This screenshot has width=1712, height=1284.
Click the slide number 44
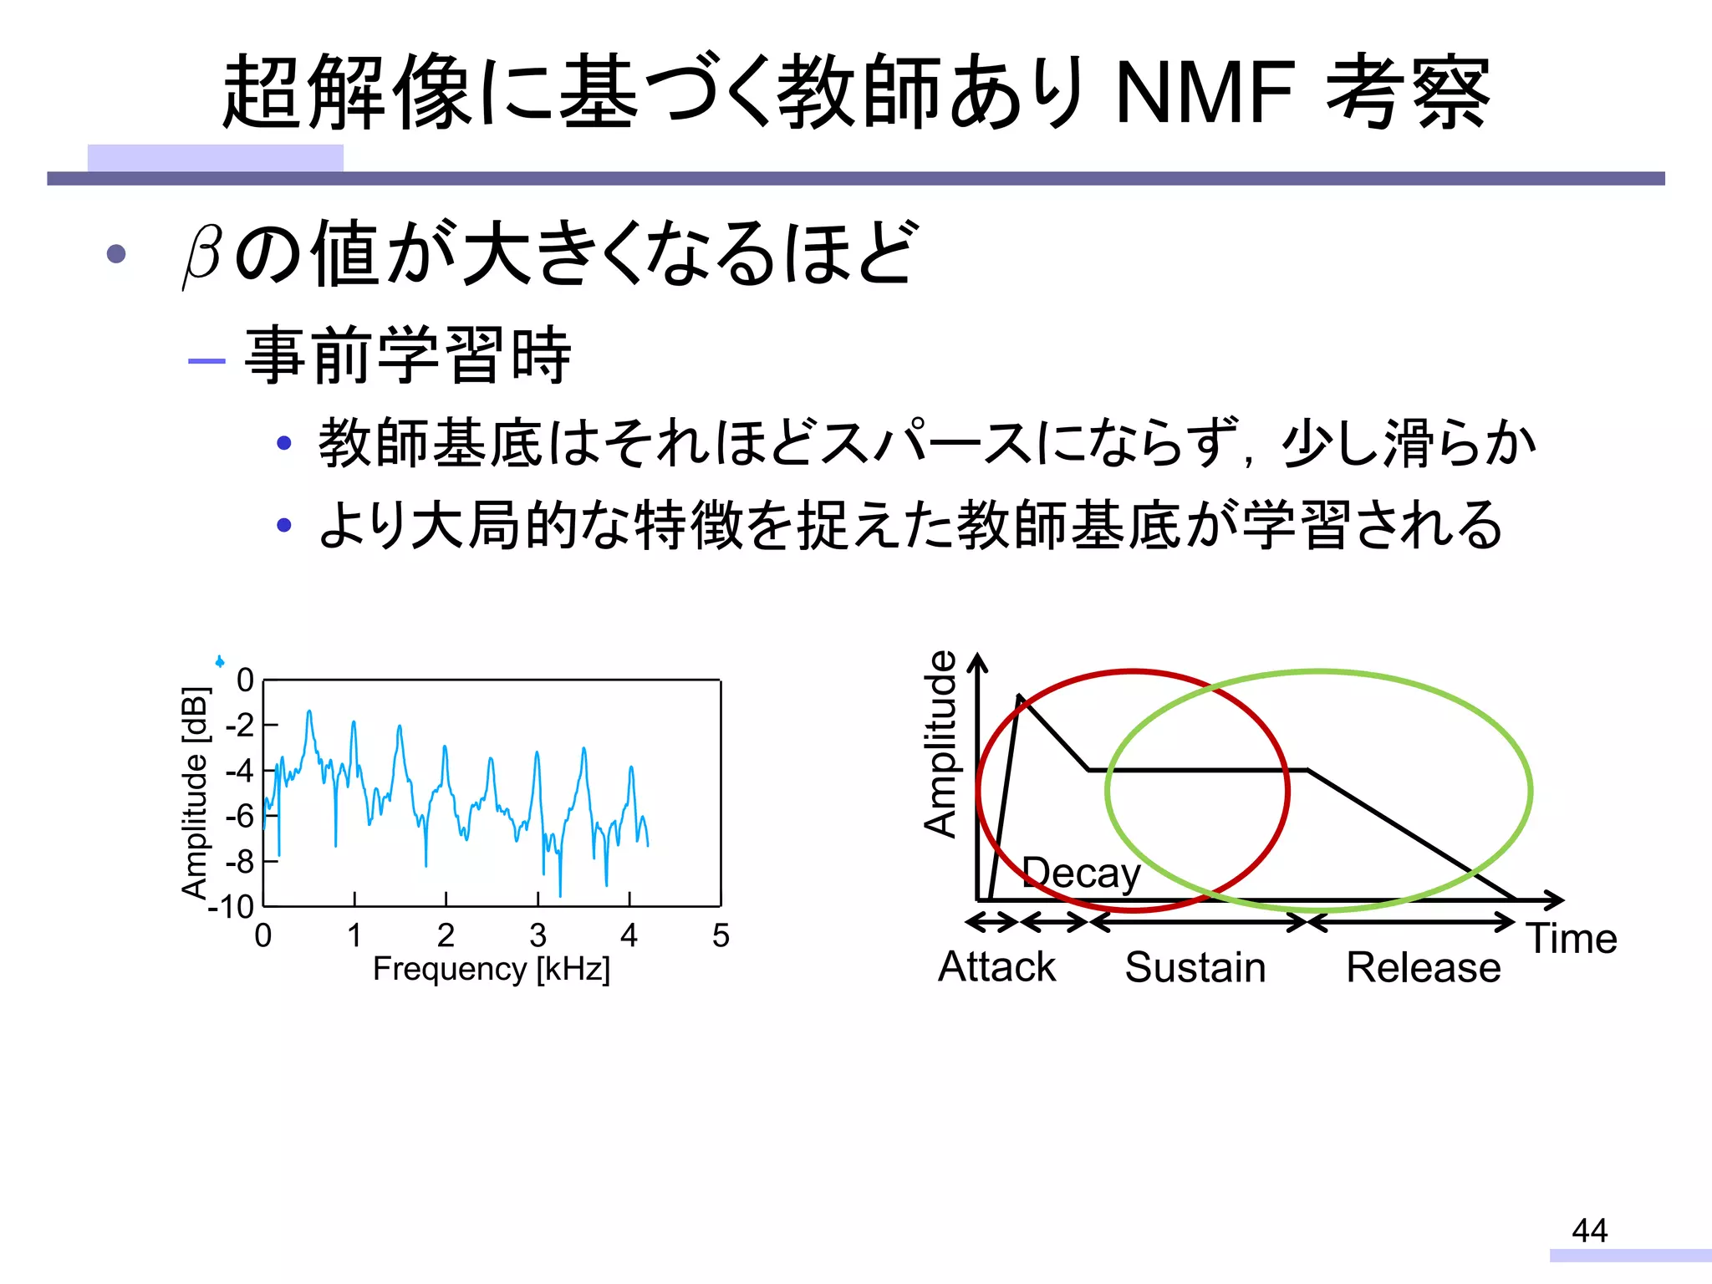(1589, 1230)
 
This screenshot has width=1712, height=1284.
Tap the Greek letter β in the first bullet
(202, 255)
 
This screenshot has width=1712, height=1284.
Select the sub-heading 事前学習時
(408, 356)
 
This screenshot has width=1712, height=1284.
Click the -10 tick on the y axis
(232, 907)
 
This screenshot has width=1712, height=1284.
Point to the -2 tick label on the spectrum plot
(239, 725)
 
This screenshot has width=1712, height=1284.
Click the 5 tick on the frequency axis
(721, 935)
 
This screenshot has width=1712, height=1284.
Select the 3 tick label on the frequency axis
(538, 935)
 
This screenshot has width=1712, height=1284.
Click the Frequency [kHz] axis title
(492, 970)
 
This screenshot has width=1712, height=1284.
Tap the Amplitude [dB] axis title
(195, 792)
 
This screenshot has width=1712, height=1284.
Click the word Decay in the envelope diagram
(1081, 874)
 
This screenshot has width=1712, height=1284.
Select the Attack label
(996, 967)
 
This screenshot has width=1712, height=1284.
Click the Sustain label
(1195, 968)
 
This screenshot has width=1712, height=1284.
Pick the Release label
(1423, 968)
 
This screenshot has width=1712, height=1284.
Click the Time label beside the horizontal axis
(1572, 939)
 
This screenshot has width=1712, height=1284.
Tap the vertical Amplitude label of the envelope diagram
(941, 743)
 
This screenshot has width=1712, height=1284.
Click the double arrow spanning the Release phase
(1411, 923)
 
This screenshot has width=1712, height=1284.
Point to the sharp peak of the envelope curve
(1019, 696)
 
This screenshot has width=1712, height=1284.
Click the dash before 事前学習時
(206, 361)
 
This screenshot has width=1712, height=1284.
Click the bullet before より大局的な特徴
(284, 525)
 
